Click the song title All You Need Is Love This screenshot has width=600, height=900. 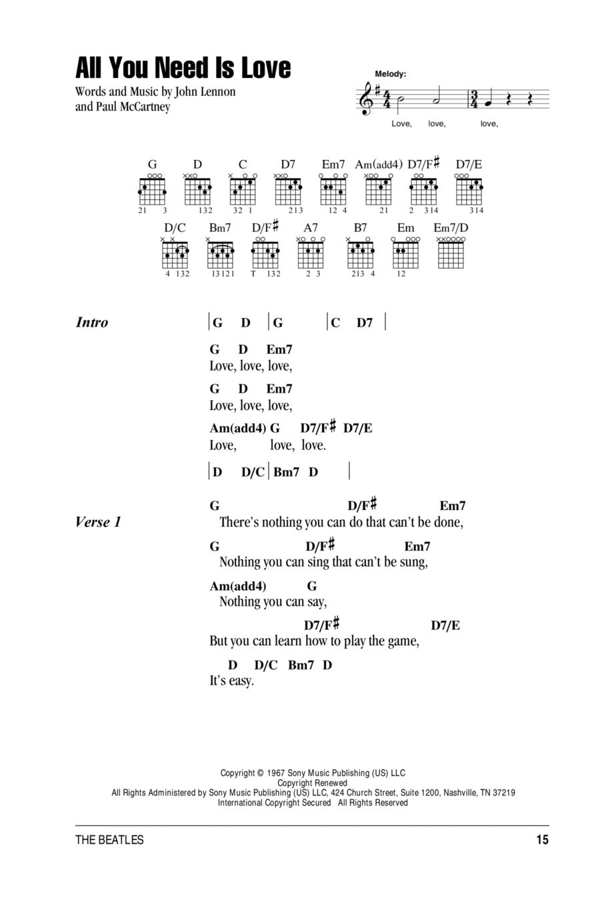click(183, 67)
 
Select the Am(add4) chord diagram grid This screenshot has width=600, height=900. click(378, 191)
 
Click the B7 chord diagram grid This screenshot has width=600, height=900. click(361, 255)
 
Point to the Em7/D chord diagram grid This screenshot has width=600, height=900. click(451, 255)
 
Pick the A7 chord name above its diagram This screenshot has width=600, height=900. click(310, 228)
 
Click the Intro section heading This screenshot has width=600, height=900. click(92, 322)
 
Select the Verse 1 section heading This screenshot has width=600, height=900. click(98, 522)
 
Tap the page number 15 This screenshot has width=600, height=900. click(542, 839)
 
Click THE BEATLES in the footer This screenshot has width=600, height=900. click(109, 840)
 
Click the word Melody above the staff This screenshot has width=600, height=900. click(391, 74)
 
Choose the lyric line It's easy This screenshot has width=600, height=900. click(232, 681)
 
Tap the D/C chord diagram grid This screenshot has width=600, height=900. click(175, 255)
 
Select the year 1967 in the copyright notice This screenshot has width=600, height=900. click(276, 773)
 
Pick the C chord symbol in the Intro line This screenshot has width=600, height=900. click(335, 323)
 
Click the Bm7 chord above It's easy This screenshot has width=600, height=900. click(301, 665)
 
